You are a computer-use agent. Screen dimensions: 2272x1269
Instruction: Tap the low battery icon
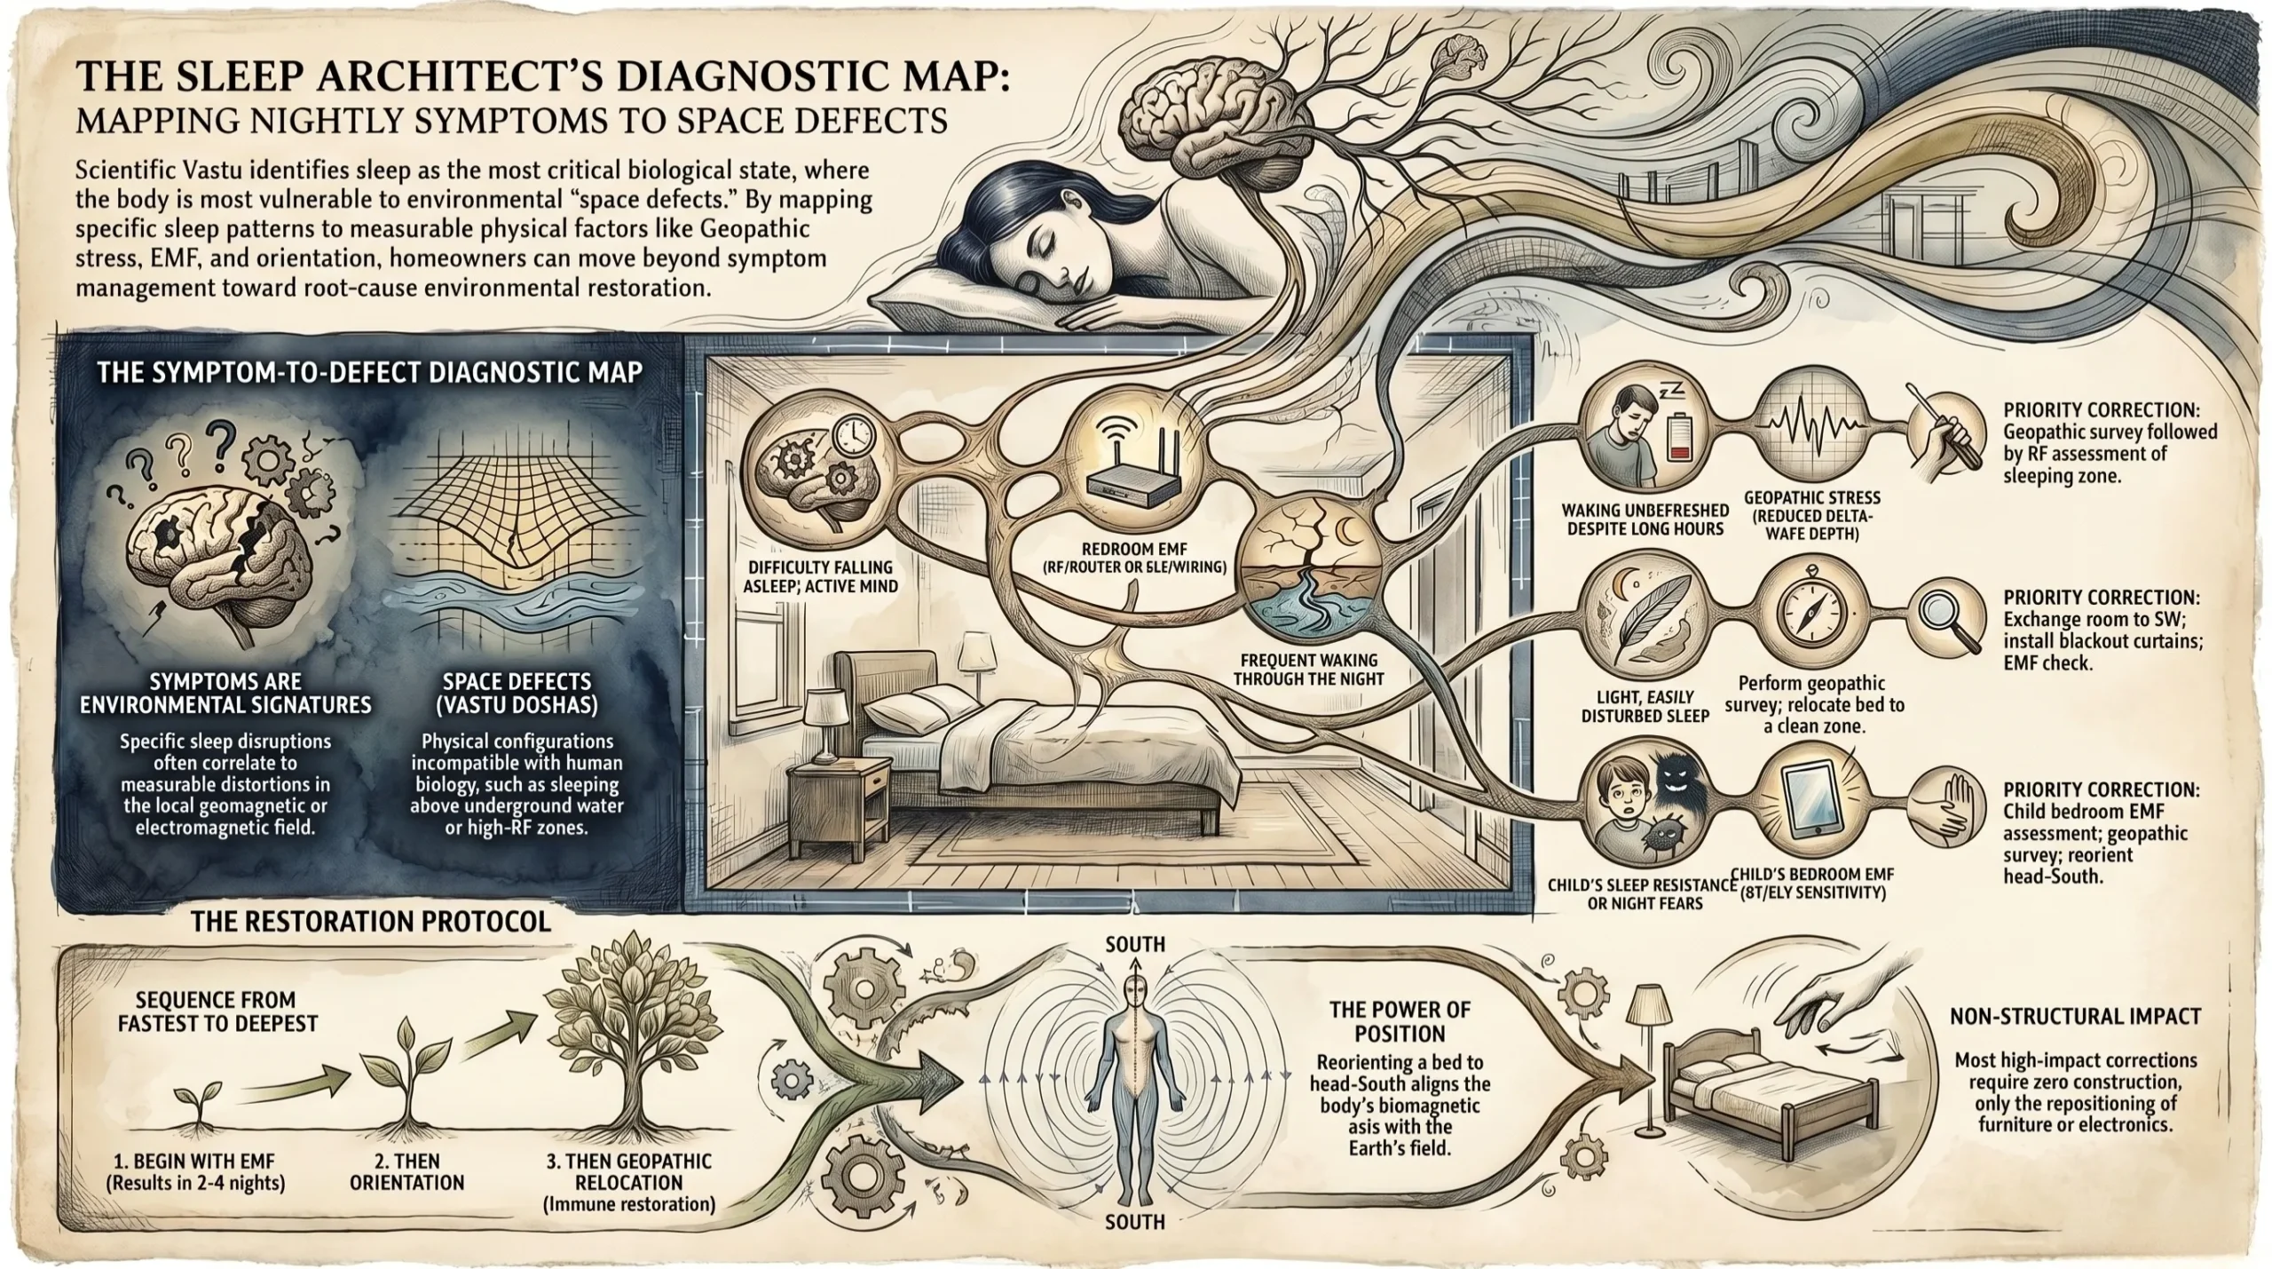coord(1677,439)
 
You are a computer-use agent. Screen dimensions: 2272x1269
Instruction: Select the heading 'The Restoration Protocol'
coord(371,921)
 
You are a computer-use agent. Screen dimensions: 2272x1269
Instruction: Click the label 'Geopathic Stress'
coord(1812,498)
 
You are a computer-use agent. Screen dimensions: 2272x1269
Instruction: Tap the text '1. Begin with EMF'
coord(195,1160)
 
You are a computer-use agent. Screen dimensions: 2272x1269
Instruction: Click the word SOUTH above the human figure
coord(1135,943)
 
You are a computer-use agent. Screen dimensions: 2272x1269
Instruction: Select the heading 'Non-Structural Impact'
coord(2075,1016)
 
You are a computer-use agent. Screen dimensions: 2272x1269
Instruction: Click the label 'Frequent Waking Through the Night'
coord(1309,670)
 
